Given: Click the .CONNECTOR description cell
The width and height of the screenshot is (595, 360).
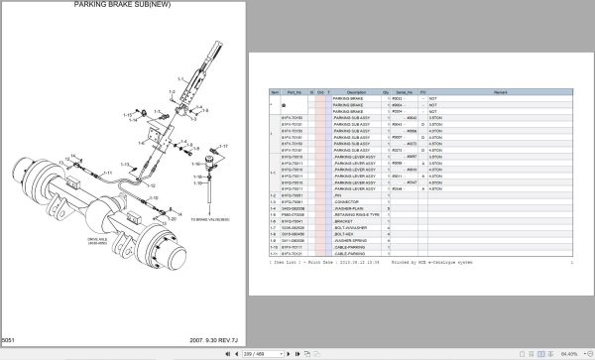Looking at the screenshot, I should point(349,201).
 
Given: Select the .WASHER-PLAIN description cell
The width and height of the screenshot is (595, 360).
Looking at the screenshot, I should point(351,208).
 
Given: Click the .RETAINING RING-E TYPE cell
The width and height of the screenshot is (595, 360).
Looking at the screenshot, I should point(357,214).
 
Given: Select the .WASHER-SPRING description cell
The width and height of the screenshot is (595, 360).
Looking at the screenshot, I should point(353,240).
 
